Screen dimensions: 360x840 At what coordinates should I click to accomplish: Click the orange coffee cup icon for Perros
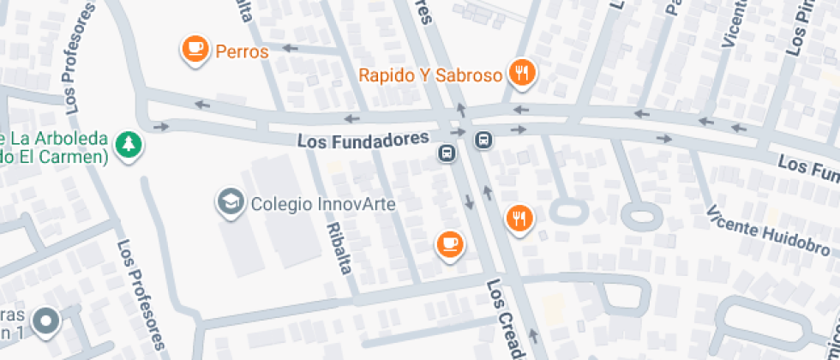coord(196,49)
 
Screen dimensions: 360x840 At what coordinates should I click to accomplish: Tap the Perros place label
coord(242,51)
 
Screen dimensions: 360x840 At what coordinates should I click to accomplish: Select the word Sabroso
coord(471,75)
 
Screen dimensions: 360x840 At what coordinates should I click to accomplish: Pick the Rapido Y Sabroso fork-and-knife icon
coord(521,72)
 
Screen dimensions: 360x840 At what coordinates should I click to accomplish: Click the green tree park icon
coord(129,144)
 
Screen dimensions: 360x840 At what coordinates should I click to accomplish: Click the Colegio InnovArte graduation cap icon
coord(230,202)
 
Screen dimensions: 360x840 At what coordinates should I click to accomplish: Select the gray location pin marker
coord(45,321)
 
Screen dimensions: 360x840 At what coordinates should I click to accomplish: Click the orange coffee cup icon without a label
coord(449,243)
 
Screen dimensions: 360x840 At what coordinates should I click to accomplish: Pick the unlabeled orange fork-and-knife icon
coord(519,218)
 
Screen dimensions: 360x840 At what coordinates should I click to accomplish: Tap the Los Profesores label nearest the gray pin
coord(141,294)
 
